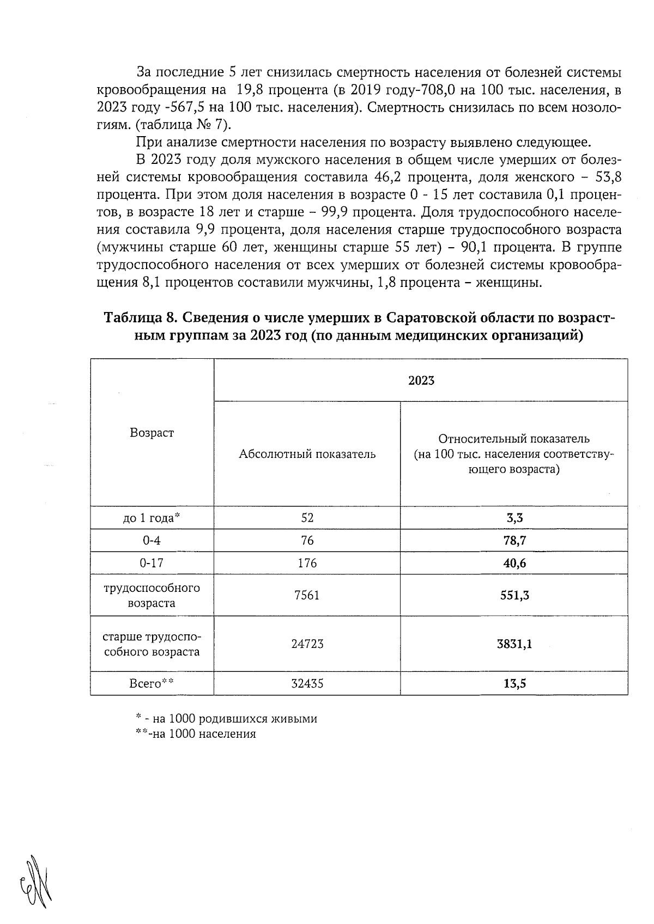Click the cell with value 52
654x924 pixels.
(307, 518)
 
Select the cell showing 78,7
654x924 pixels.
(514, 540)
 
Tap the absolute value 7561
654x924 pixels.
(307, 595)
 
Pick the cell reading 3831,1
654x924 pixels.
(514, 644)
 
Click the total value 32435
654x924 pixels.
(307, 683)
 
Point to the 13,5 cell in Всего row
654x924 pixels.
(514, 683)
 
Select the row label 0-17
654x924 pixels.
(152, 563)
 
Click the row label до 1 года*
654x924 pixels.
(152, 518)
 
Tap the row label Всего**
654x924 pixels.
(152, 683)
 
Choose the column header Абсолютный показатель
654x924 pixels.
(307, 454)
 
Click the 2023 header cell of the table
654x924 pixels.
(421, 381)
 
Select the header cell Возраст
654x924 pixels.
(152, 433)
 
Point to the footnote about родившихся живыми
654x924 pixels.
(226, 719)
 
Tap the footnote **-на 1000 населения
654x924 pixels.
(196, 734)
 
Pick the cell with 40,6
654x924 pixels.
(514, 563)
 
